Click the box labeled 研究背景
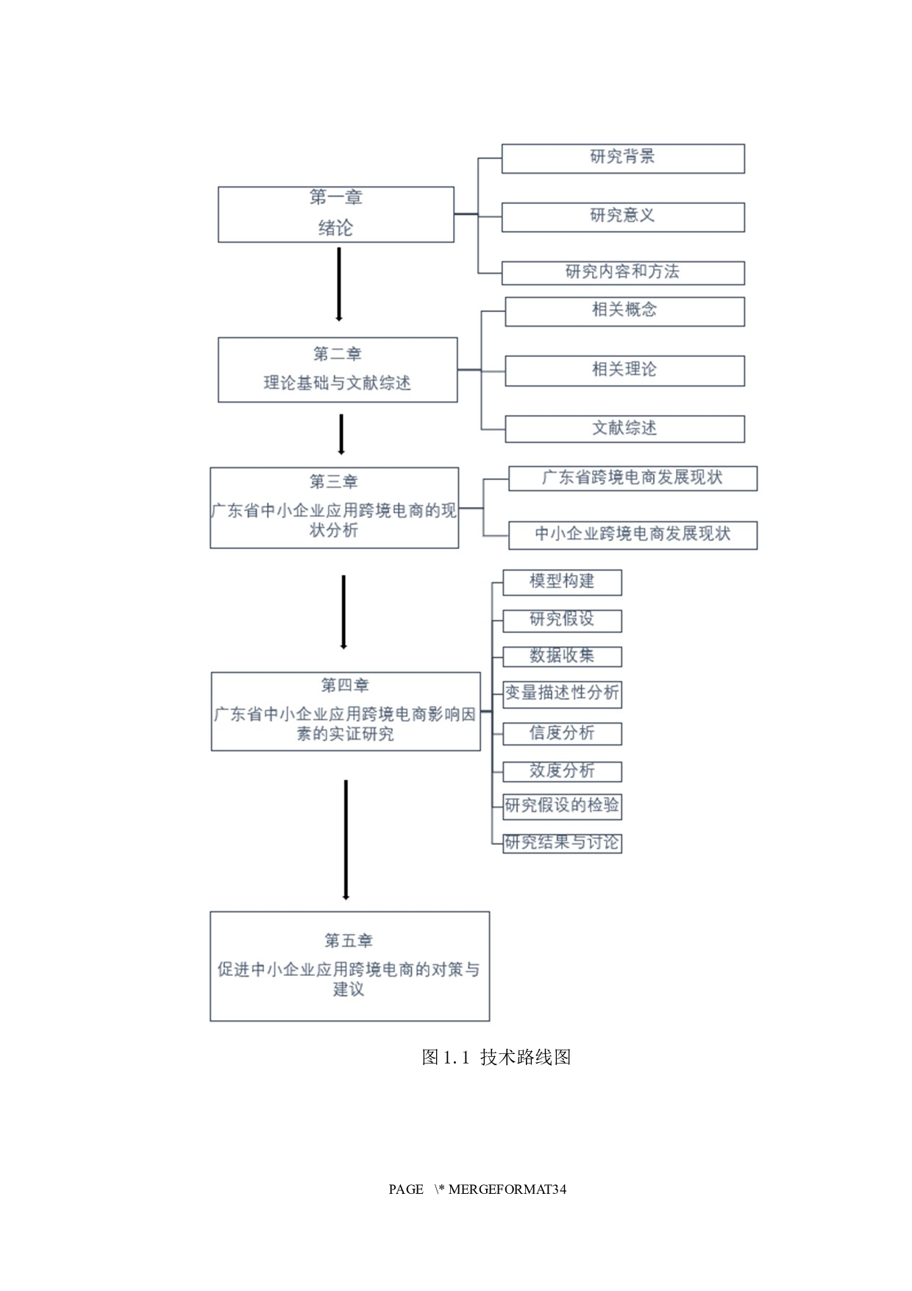622,158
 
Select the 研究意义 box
622,216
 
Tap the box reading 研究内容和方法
622,272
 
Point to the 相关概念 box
624,311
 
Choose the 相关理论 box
624,370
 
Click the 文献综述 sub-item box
624,428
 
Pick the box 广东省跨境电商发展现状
632,478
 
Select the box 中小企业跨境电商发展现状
632,534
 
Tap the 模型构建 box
562,581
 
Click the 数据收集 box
562,656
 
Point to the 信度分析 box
562,733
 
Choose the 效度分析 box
562,771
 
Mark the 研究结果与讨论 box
562,842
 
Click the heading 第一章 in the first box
335,197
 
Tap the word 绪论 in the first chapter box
335,228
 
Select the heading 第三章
333,481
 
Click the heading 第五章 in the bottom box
349,941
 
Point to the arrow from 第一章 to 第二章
339,284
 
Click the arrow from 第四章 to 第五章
346,839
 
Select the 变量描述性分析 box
562,693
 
